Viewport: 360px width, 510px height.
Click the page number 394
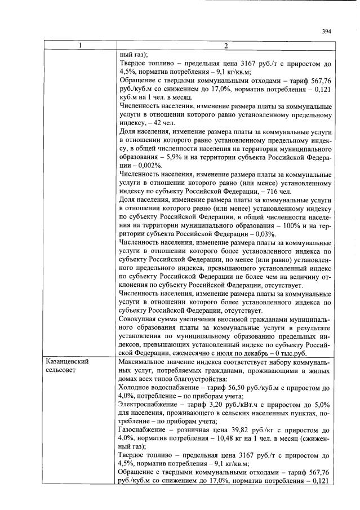point(326,31)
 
